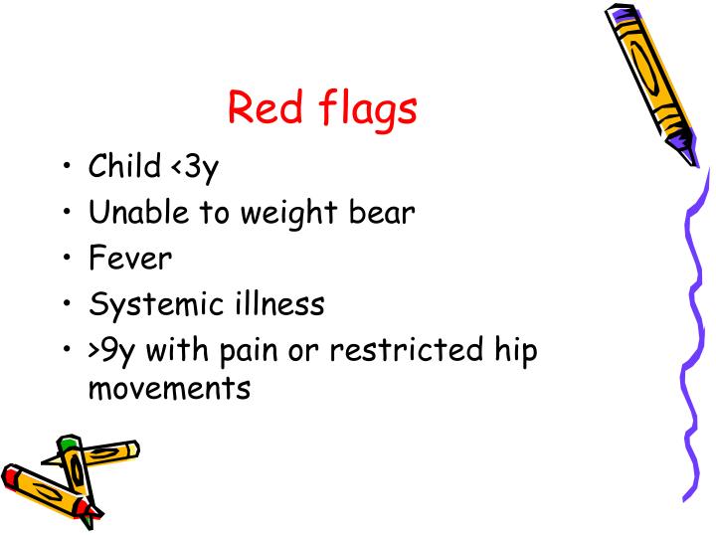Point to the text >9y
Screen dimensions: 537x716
click(114, 351)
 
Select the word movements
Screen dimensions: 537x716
click(169, 387)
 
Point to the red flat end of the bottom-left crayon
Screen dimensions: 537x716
click(12, 476)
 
